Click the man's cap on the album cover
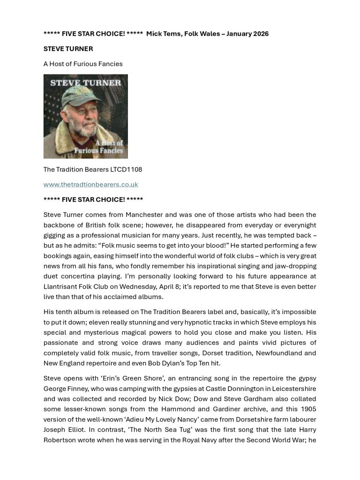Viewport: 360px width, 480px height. click(x=87, y=96)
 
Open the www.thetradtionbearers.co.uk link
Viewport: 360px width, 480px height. click(x=90, y=184)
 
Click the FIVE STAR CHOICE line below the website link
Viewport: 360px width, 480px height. click(x=93, y=199)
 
